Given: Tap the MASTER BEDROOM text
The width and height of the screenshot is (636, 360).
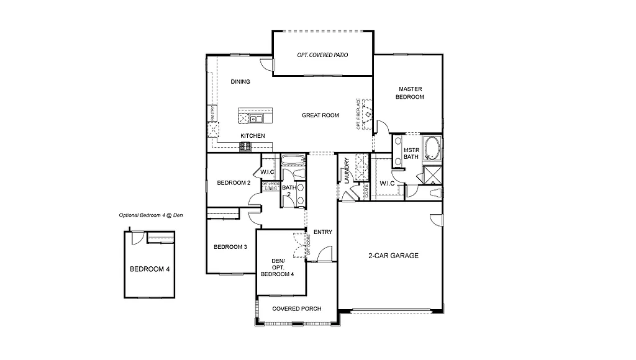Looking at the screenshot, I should point(411,93).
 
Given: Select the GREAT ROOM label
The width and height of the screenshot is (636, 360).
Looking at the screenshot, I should point(320,115).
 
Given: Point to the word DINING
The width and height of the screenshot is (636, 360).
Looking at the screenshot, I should point(240,82).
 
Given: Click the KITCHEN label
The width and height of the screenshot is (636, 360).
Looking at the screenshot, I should point(253,136).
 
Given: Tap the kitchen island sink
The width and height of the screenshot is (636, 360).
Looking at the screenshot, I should point(255,117).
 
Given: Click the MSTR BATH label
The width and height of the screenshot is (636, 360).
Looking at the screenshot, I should point(411,153).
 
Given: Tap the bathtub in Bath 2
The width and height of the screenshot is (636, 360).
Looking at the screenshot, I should point(293,161).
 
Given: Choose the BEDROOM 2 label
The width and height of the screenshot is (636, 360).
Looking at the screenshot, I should point(234,183).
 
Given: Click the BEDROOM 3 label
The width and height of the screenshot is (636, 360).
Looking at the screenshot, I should point(230,247).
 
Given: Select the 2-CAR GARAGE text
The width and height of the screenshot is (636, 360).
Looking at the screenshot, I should point(393,256).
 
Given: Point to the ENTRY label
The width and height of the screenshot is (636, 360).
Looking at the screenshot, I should point(323,232).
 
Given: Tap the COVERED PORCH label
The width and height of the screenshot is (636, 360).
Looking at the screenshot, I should point(297,309).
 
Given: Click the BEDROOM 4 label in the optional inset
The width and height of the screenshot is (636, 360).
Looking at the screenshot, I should point(150,269).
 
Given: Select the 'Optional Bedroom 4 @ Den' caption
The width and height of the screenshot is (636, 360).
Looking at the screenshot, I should point(151,215).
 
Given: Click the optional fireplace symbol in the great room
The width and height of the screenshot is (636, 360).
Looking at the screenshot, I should point(367,114).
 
